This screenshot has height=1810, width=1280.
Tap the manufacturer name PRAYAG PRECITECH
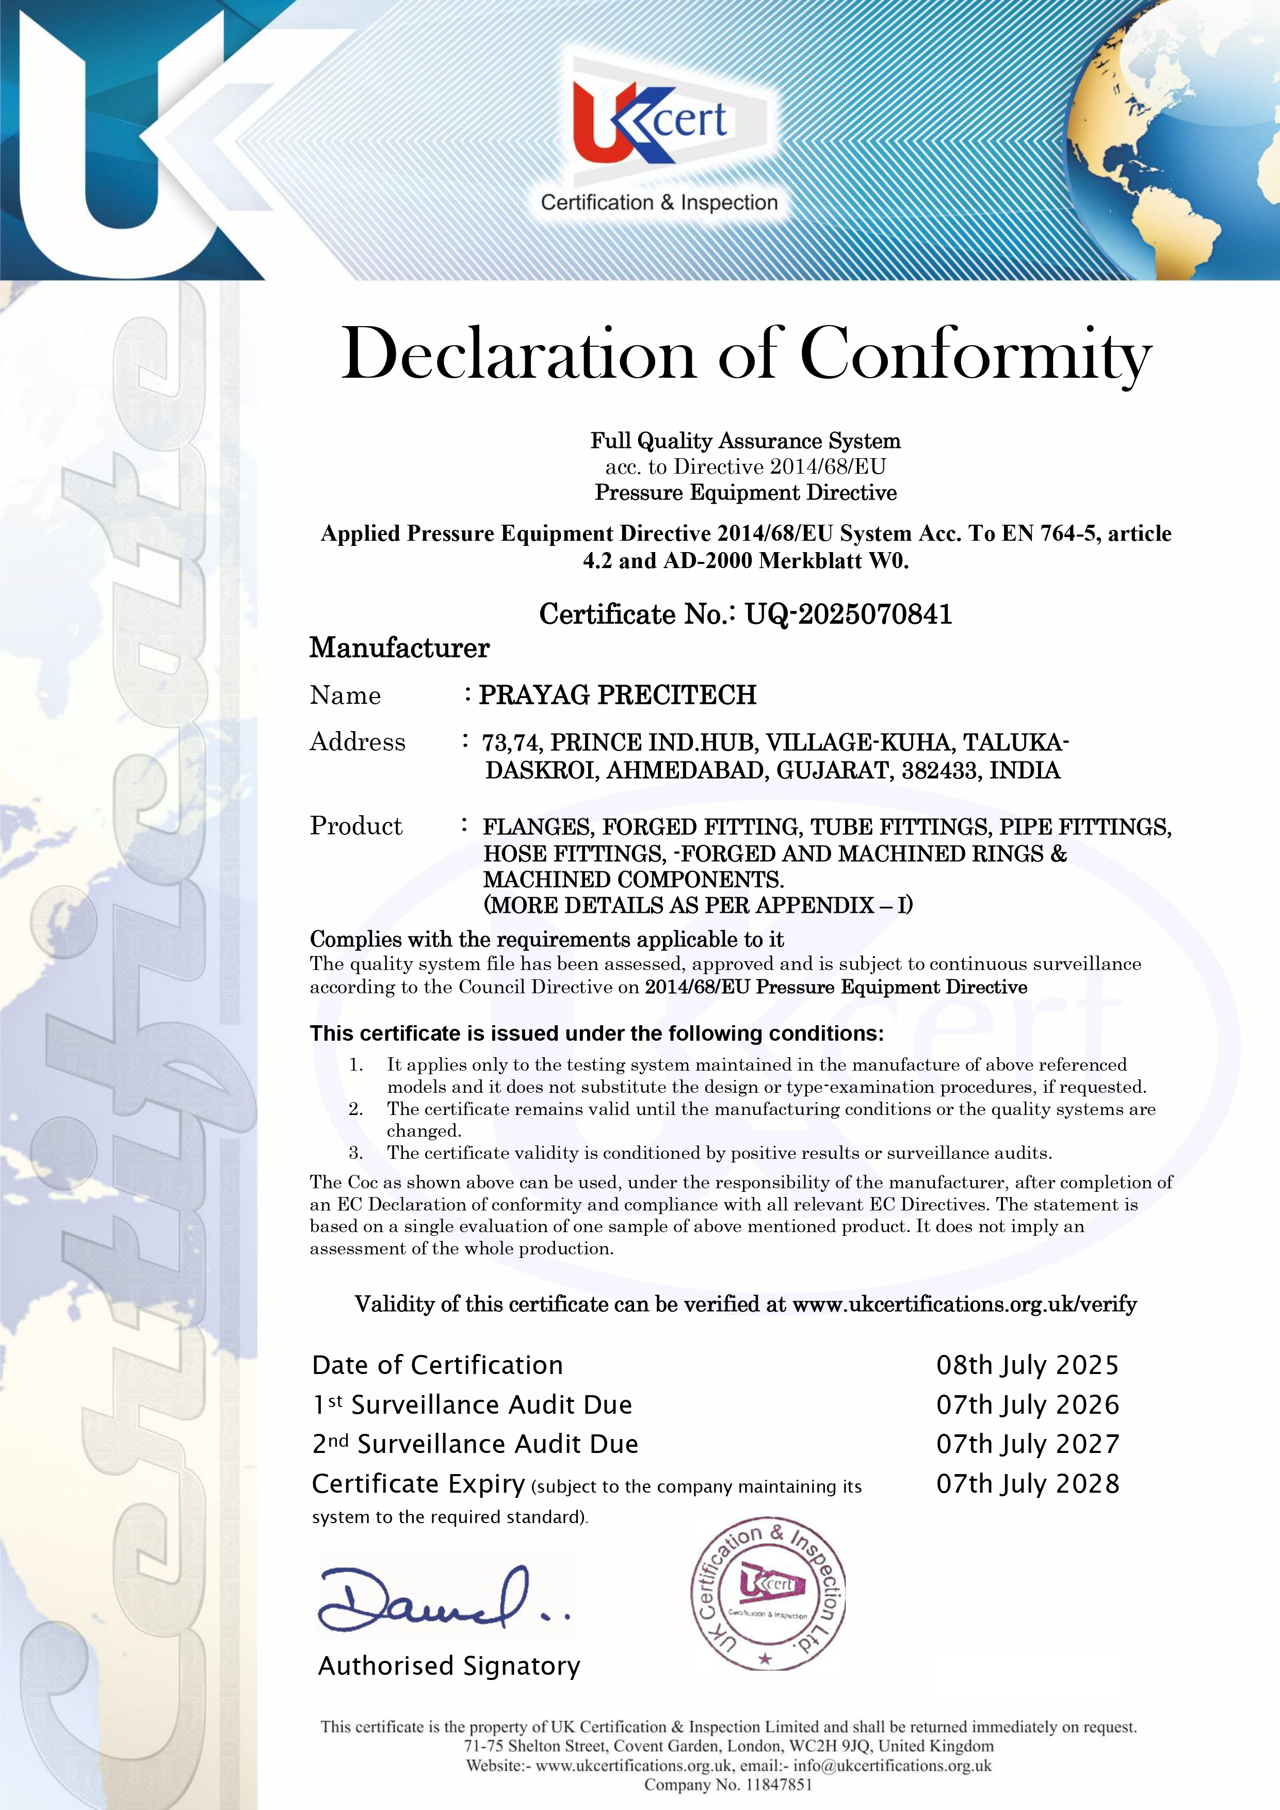(x=617, y=694)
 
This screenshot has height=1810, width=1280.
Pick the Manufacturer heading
(x=400, y=648)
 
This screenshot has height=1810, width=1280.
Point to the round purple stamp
(x=768, y=1593)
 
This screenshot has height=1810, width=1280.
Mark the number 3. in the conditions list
(x=357, y=1153)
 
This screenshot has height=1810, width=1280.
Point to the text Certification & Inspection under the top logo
(x=659, y=203)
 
